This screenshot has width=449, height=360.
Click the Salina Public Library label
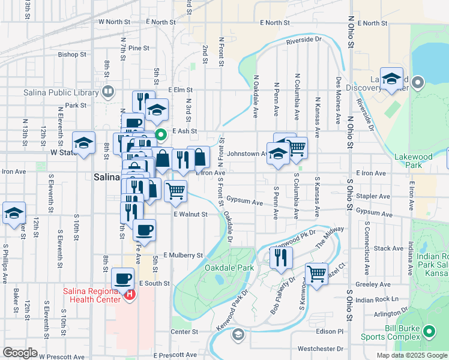pos(61,92)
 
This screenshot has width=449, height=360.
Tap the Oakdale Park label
pos(229,268)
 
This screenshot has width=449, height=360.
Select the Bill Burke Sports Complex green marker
pos(429,331)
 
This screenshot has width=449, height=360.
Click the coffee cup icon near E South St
pos(123,278)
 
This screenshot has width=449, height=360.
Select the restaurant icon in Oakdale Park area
pos(280,257)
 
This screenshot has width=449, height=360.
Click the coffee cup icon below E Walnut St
pos(144,230)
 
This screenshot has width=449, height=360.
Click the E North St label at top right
pos(371,23)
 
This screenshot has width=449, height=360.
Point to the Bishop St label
pos(72,55)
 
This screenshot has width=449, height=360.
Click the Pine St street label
pos(138,48)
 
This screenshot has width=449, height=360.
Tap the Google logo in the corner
pos(20,352)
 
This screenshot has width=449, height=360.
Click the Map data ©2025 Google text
pos(411,355)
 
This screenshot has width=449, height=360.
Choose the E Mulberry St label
pos(182,255)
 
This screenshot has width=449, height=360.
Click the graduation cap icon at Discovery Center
pos(391,79)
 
